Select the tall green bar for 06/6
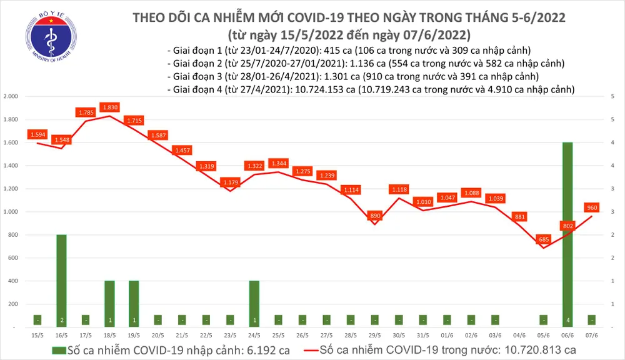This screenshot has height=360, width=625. click(x=567, y=234)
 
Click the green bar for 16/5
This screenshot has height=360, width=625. click(x=61, y=280)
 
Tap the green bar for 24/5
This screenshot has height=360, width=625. click(x=254, y=303)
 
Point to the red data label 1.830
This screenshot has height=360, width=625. click(x=110, y=107)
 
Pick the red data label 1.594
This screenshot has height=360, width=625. click(x=37, y=134)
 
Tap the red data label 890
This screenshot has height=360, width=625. click(x=375, y=215)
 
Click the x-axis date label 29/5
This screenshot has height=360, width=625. click(x=375, y=335)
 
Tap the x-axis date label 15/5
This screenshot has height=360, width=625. click(x=37, y=335)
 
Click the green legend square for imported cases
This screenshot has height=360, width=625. click(x=58, y=349)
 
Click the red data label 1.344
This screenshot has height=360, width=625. click(x=279, y=163)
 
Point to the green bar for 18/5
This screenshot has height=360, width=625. click(x=110, y=303)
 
